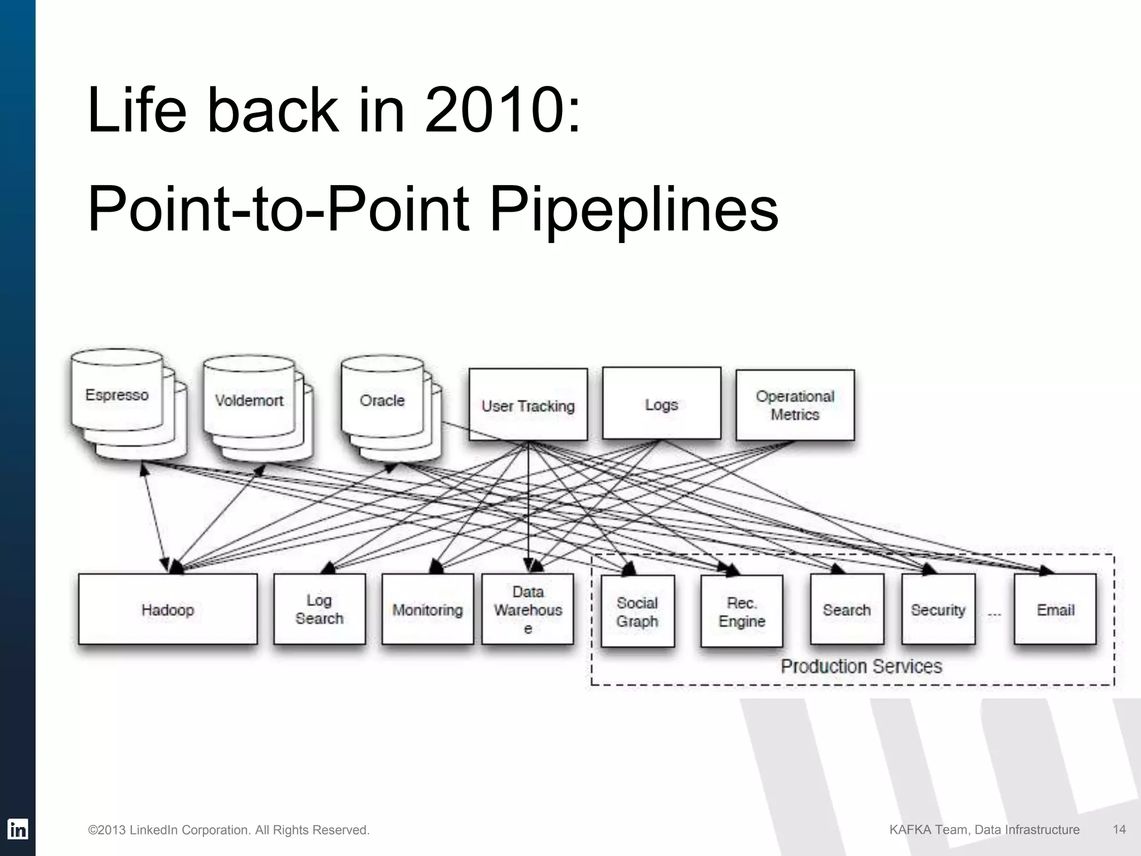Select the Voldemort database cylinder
tap(249, 400)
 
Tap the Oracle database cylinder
tap(382, 400)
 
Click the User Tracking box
tap(528, 405)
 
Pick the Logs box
tap(661, 404)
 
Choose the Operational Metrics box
tap(795, 405)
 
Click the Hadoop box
tap(168, 610)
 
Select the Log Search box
tap(319, 609)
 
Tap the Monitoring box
tap(427, 610)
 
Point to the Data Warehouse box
tap(528, 610)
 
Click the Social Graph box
tap(637, 611)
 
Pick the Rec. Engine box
tap(742, 611)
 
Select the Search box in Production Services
tap(847, 610)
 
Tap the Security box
tap(938, 610)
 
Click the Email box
tap(1055, 610)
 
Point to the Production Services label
tap(861, 666)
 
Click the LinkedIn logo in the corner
tap(17, 829)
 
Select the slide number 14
tap(1119, 829)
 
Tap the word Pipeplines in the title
tap(633, 210)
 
